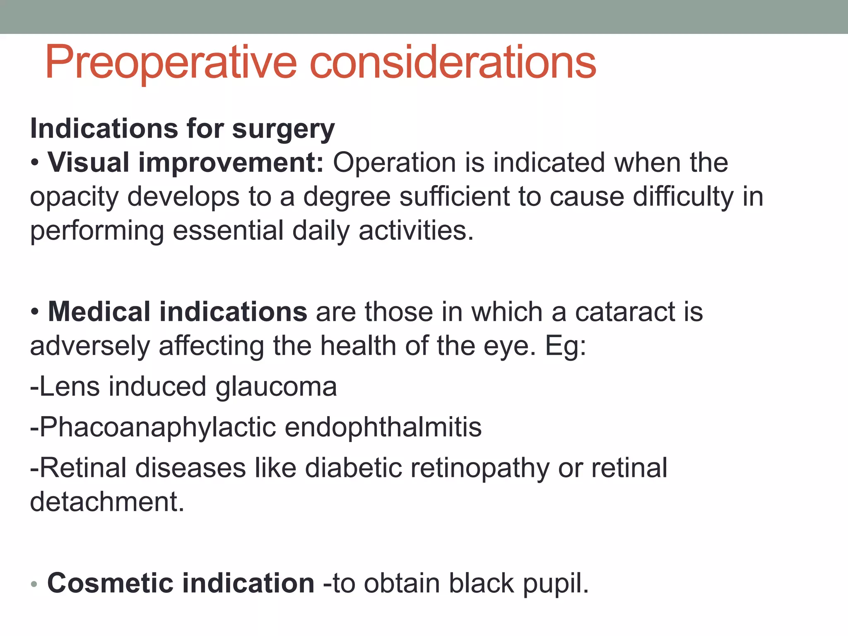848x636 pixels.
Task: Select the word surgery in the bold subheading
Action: pyautogui.click(x=283, y=129)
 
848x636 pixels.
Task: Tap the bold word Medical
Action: pyautogui.click(x=99, y=311)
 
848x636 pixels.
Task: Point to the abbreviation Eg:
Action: pyautogui.click(x=566, y=346)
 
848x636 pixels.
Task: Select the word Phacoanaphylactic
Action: pyautogui.click(x=157, y=427)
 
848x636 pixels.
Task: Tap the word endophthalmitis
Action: pyautogui.click(x=383, y=427)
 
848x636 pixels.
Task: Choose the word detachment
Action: pyautogui.click(x=107, y=502)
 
